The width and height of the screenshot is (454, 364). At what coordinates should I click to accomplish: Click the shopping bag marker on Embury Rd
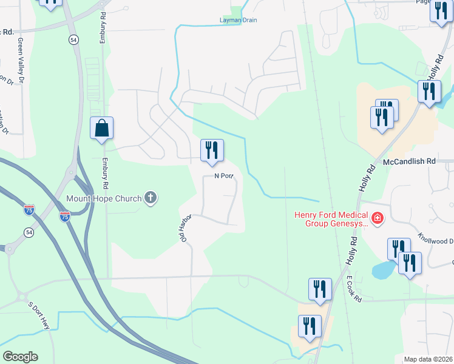click(x=101, y=129)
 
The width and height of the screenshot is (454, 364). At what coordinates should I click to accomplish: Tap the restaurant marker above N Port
click(x=212, y=150)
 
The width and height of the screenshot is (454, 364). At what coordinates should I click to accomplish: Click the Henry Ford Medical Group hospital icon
click(x=377, y=218)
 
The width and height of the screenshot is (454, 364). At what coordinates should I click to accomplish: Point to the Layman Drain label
click(x=238, y=20)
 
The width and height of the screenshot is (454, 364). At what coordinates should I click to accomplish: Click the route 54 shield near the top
click(x=73, y=39)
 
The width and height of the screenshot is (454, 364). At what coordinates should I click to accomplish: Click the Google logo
click(x=20, y=357)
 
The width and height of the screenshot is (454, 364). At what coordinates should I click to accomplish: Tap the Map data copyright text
click(x=428, y=359)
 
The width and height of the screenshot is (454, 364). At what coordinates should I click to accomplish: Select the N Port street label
click(x=223, y=177)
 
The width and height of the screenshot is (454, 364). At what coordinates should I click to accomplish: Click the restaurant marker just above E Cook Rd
click(x=319, y=290)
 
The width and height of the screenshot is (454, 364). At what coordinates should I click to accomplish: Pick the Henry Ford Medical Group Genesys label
click(x=331, y=219)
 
